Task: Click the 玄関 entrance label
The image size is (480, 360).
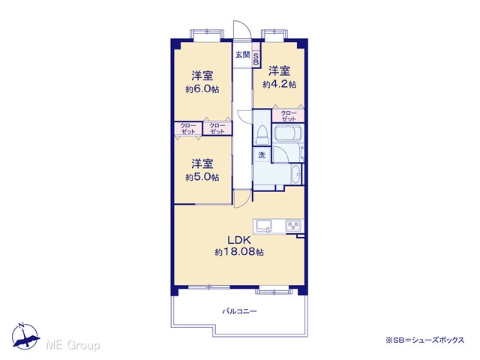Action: point(242,55)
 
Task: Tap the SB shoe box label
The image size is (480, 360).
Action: point(256,59)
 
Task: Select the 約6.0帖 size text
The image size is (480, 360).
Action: point(202,89)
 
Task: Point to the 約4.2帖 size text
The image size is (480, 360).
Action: point(279,84)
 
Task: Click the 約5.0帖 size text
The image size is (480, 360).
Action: point(202,177)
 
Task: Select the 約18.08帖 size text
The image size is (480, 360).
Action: point(239,252)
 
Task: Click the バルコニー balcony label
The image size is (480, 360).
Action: point(239,312)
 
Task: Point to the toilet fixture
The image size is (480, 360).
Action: point(262,135)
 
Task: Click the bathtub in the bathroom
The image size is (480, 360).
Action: point(288,133)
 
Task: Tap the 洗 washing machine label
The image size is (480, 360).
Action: point(262,155)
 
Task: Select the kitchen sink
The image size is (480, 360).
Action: point(264,226)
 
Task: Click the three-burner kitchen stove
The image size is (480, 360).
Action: point(293,226)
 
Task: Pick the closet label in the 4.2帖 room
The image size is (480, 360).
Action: point(288,116)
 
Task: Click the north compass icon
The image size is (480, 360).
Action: point(25,337)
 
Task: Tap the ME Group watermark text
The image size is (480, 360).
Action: point(73,345)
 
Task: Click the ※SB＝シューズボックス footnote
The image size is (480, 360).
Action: point(425,340)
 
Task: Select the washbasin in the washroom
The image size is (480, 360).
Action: point(295,175)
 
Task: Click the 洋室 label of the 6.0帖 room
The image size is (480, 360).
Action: point(202,76)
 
